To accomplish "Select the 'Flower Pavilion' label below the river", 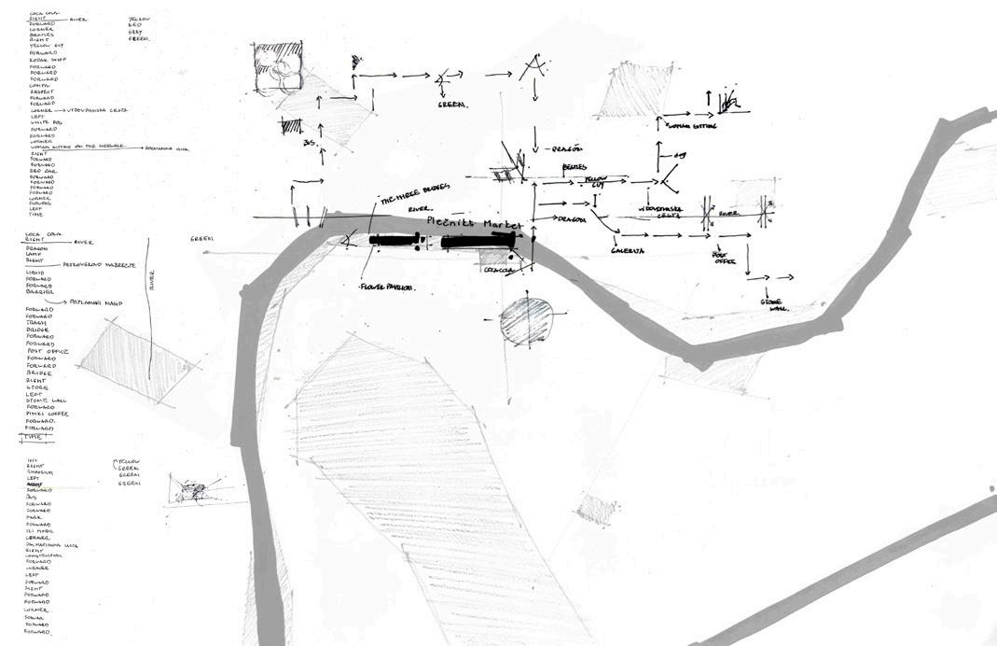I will pyautogui.click(x=387, y=288).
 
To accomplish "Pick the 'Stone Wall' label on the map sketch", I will pyautogui.click(x=774, y=304).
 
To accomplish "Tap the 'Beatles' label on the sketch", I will pyautogui.click(x=575, y=167).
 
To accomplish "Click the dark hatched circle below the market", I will pyautogui.click(x=526, y=321).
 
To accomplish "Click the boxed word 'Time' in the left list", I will pyautogui.click(x=35, y=436).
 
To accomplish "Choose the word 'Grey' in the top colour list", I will pyautogui.click(x=136, y=32).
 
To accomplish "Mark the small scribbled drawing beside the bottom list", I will pyautogui.click(x=193, y=489).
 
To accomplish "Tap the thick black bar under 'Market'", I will pyautogui.click(x=478, y=241).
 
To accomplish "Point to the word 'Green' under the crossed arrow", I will pyautogui.click(x=452, y=105).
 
